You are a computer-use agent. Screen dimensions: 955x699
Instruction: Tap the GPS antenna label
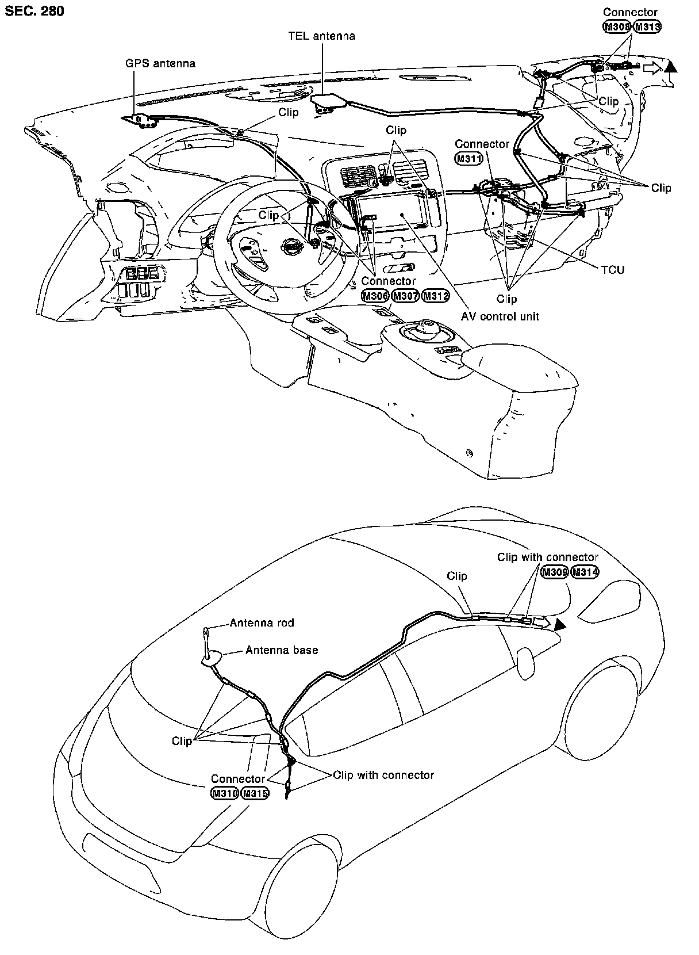(x=160, y=63)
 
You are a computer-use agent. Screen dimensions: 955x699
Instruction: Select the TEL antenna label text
(x=321, y=36)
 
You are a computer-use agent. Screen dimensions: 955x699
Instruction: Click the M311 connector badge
(x=468, y=158)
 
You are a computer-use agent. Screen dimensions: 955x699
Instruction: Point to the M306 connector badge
(x=375, y=296)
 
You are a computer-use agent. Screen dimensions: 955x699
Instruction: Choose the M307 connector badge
(x=405, y=296)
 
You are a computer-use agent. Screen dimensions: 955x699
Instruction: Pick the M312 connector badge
(x=435, y=296)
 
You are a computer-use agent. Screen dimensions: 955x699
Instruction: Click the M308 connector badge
(x=617, y=26)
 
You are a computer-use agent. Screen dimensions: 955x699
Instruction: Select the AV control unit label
(x=500, y=316)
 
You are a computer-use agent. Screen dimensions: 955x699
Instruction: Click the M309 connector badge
(x=555, y=572)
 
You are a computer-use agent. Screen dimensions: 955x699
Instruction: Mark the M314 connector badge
(x=585, y=572)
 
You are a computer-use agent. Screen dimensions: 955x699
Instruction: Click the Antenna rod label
(x=262, y=622)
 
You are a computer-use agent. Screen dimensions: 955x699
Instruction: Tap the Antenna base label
(x=282, y=650)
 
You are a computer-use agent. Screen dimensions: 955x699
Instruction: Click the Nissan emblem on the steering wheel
(x=292, y=246)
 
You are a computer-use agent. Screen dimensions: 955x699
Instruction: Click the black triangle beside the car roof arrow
(x=560, y=626)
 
